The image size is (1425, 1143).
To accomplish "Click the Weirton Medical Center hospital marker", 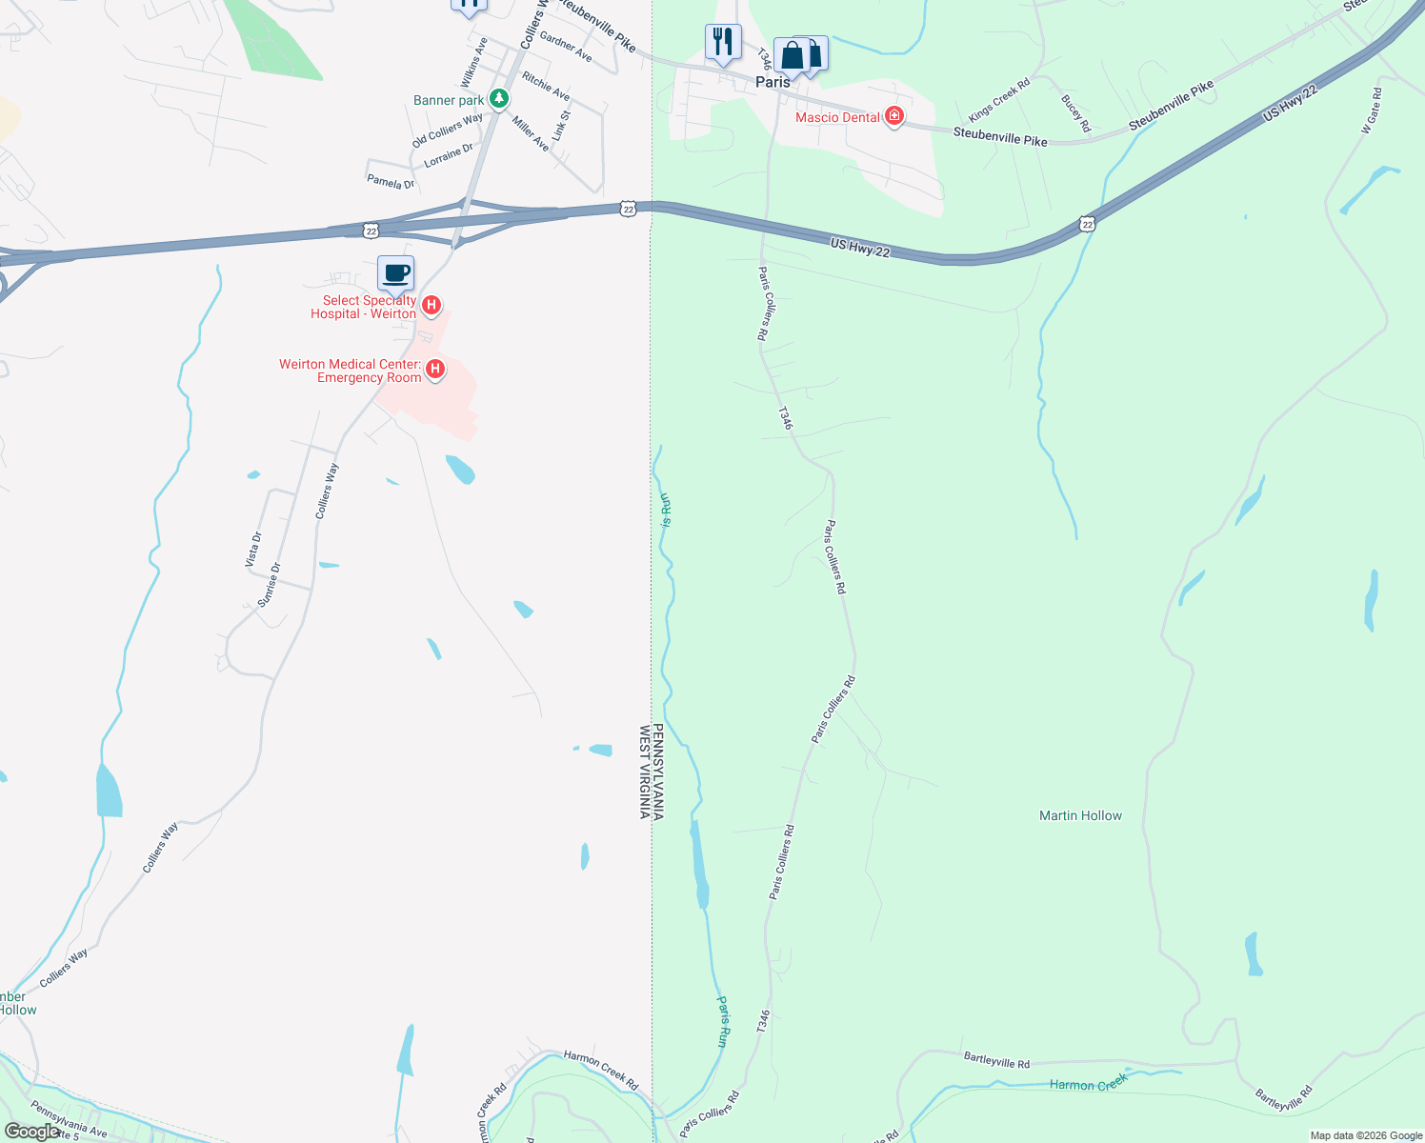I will click(435, 369).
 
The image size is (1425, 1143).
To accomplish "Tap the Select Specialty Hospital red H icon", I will click(432, 305).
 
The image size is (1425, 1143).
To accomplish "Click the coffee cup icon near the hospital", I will click(396, 273).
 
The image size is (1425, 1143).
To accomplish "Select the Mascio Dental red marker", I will click(893, 116).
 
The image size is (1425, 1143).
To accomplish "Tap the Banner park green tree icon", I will click(498, 98).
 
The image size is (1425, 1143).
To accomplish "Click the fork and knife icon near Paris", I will click(723, 42).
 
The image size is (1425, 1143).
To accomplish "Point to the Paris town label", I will click(773, 82).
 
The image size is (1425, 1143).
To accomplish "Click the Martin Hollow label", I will click(1080, 815).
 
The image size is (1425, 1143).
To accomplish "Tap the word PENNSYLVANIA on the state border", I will click(658, 772).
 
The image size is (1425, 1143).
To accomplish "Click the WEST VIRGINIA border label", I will click(645, 772).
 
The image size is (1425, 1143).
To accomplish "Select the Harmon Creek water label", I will click(1088, 1083).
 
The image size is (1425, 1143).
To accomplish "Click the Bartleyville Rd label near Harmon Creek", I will click(996, 1060).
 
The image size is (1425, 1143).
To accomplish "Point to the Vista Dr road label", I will click(253, 550).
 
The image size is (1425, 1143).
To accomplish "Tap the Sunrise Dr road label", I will click(270, 584).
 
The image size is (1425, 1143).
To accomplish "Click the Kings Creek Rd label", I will click(999, 100).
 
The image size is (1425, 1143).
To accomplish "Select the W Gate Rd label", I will click(1372, 110).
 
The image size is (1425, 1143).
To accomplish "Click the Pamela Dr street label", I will click(391, 181).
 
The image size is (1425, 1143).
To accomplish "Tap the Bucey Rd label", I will click(1075, 112).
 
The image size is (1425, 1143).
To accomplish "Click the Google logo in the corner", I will click(31, 1132).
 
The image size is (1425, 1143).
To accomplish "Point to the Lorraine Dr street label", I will click(449, 155).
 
